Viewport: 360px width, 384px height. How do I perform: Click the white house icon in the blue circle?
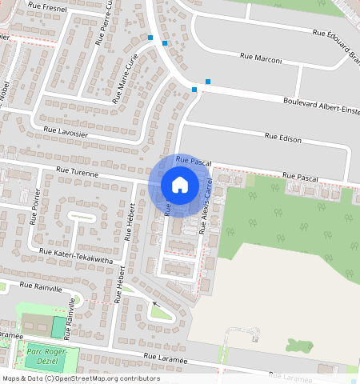pos(180,185)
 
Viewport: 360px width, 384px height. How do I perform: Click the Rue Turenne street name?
pos(77,172)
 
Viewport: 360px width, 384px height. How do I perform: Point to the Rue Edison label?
pos(283,139)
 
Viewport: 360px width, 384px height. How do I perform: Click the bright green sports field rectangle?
pos(58,326)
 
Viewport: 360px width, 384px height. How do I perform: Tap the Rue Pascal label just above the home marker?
pos(194,162)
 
